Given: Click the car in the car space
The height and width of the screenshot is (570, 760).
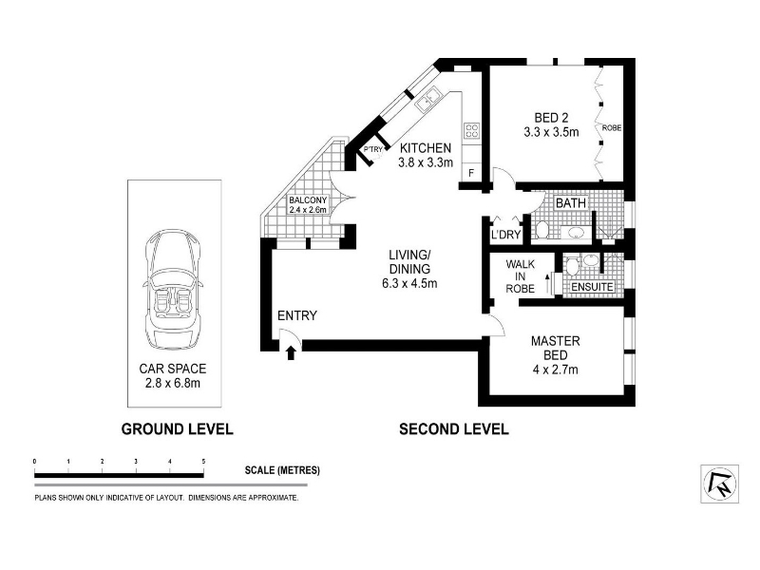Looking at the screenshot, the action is pos(172,290).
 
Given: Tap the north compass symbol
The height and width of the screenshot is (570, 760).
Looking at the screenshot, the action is pos(720,484).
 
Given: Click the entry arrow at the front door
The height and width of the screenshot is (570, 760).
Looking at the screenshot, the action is pos(291,352).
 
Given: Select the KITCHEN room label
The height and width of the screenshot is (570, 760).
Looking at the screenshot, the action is pos(425,148).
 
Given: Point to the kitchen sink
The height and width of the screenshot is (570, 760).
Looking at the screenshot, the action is pos(427,100).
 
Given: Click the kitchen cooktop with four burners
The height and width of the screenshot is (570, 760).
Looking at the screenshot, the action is pos(471,130).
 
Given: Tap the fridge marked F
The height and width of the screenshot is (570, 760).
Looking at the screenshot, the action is pos(471,173).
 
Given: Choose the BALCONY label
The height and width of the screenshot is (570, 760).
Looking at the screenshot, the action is pos(308,200).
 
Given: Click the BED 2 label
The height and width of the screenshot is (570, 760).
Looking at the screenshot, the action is pos(551,117).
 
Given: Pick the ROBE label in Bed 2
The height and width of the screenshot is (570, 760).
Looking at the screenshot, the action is pos(612,128).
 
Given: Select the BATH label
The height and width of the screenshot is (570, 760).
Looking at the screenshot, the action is pos(571,202).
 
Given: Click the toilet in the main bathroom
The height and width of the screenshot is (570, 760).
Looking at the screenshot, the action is pos(541,230).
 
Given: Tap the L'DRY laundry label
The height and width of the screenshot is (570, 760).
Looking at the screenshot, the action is pos(505,235).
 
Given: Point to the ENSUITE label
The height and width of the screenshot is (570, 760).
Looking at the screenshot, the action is pos(592,287).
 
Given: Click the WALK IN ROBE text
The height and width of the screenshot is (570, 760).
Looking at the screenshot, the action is pos(520,276).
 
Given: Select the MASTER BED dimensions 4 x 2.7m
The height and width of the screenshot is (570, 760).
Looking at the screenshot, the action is pos(556,370).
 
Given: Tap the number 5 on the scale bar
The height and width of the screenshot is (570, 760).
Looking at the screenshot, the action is pos(203,462).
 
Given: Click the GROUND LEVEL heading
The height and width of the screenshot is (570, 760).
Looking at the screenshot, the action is pos(177,429).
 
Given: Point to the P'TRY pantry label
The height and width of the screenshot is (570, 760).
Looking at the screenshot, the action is pos(373,150).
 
